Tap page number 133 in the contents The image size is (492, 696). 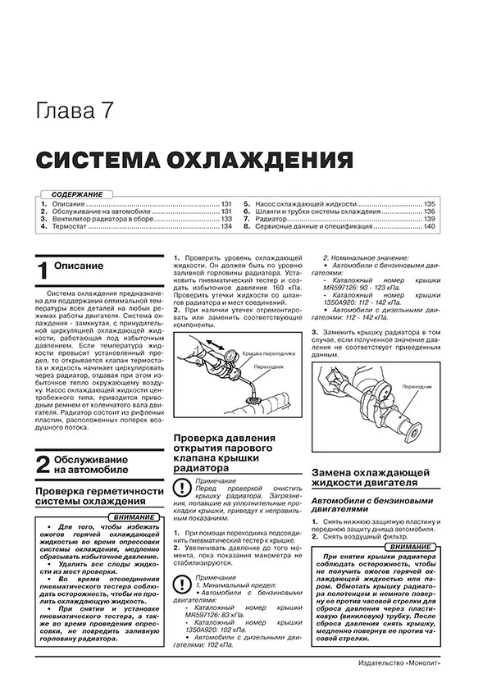[x=226, y=220]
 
